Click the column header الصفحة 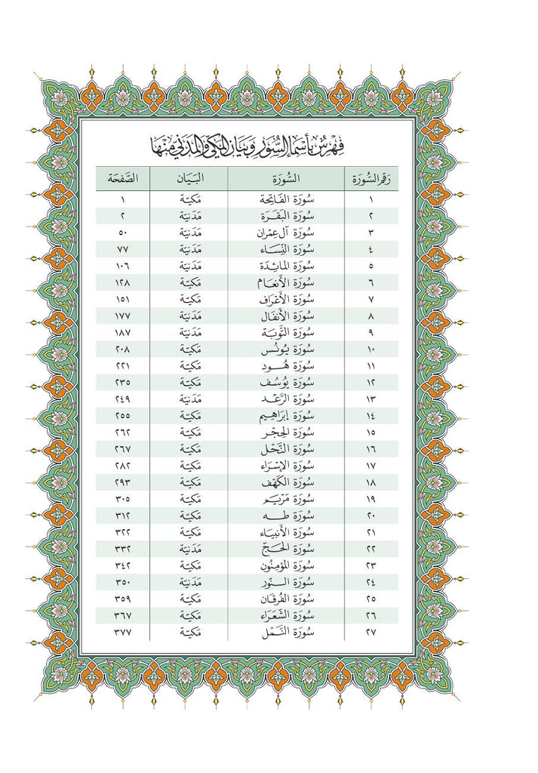[x=122, y=179]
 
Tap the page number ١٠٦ [x=122, y=266]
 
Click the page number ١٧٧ [x=122, y=316]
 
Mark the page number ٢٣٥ [x=122, y=382]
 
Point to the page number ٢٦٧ [x=122, y=448]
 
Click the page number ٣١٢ [x=122, y=515]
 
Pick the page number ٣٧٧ [x=122, y=631]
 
